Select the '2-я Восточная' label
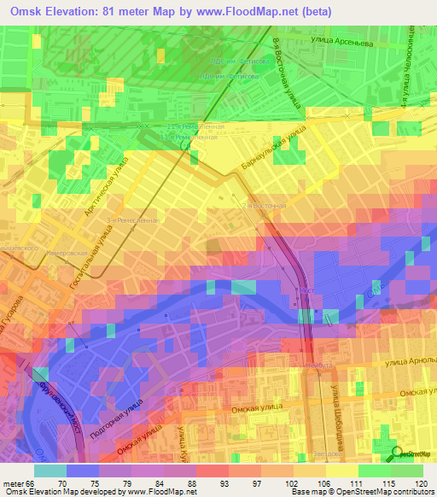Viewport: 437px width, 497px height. click(265, 206)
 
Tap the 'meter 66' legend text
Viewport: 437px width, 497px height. click(17, 482)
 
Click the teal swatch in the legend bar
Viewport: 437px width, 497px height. click(50, 471)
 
